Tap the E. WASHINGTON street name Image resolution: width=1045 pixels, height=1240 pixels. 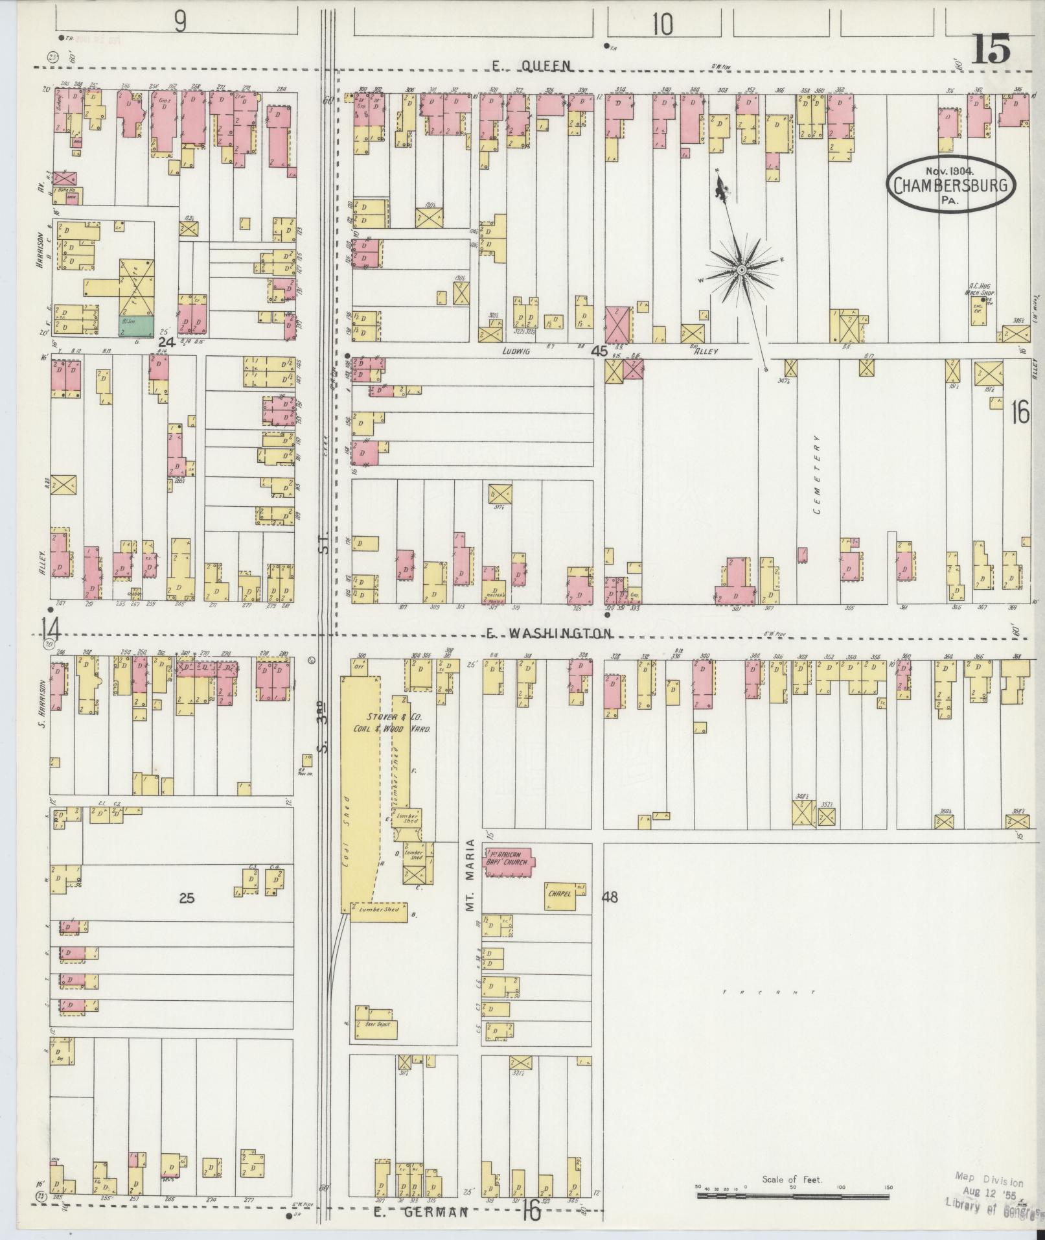pos(549,633)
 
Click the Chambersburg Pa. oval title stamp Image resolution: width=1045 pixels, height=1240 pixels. pos(950,185)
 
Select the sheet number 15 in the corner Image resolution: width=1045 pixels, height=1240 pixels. pos(989,49)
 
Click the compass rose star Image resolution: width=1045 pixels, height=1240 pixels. pos(741,268)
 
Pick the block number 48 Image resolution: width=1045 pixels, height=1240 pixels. pos(610,897)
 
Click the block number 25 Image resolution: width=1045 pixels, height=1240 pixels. pos(187,898)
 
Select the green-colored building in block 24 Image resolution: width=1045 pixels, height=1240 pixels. pos(136,326)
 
